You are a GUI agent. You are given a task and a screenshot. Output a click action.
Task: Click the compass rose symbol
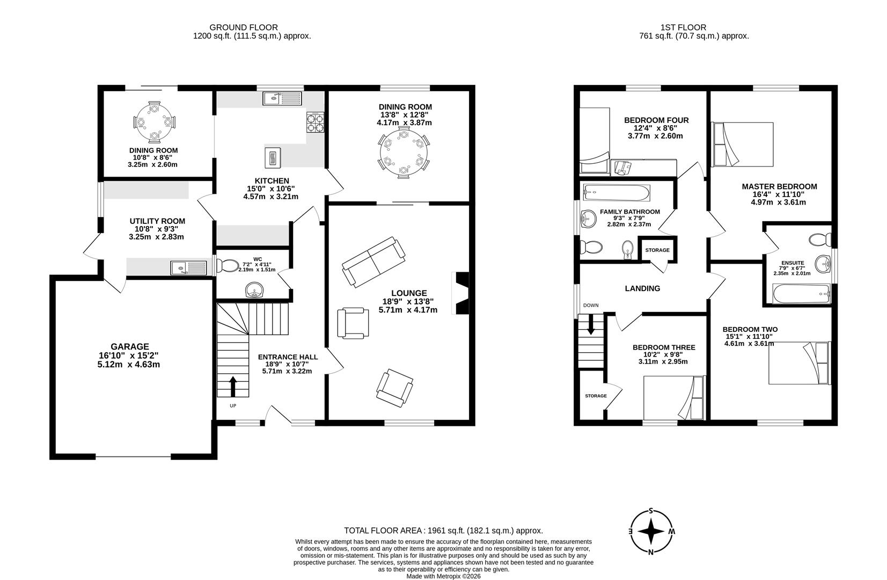[651, 532]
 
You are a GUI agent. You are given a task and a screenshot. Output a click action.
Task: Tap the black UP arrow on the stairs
[233, 386]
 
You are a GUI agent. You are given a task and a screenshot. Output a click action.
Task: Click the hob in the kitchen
[315, 122]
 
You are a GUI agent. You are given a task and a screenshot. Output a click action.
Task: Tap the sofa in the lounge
[374, 261]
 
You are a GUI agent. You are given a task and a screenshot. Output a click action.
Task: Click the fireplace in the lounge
[461, 293]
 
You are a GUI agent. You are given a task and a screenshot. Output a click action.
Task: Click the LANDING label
[642, 288]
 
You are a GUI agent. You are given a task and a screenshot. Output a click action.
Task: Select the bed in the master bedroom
[742, 144]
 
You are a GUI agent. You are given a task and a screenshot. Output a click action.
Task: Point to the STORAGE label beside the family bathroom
[657, 250]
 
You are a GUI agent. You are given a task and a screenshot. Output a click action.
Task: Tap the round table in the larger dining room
[404, 153]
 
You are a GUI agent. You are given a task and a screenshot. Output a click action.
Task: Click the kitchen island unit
[273, 157]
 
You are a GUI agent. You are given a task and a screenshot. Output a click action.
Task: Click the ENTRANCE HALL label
[288, 357]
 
